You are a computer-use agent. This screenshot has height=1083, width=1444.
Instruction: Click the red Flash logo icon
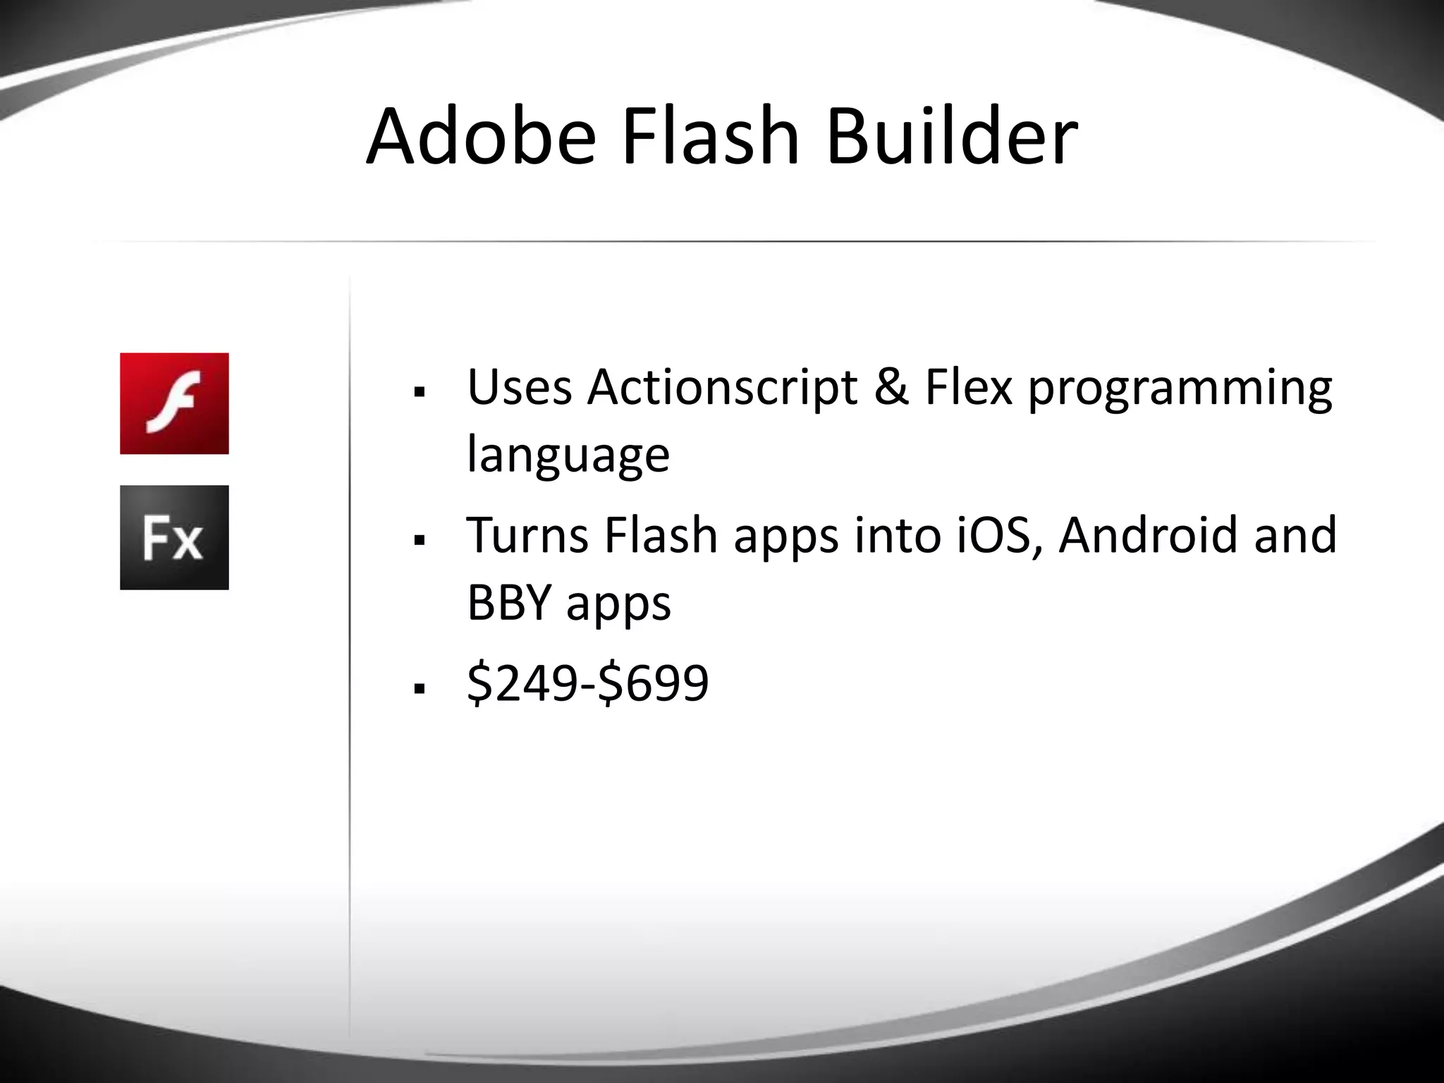point(174,403)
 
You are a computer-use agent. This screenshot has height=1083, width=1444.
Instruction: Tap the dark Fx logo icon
point(174,537)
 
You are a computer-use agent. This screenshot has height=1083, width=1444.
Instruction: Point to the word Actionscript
point(722,387)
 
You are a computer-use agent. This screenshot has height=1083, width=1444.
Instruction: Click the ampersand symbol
point(891,387)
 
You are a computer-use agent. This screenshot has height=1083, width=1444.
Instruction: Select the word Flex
point(968,387)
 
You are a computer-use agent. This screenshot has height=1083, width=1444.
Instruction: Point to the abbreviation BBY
point(508,603)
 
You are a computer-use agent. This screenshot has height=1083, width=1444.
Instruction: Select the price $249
point(521,683)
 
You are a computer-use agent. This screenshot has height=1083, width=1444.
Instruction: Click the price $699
point(653,683)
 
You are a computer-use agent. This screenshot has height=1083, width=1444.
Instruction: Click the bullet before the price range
point(420,688)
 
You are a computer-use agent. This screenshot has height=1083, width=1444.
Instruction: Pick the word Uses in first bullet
point(519,387)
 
